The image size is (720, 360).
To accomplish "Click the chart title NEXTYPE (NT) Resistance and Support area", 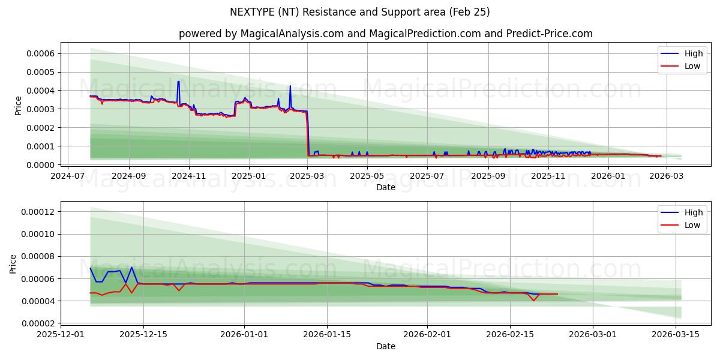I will point(359,12).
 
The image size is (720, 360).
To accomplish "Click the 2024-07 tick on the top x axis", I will point(67,176).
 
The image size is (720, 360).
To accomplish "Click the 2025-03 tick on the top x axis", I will point(308,176).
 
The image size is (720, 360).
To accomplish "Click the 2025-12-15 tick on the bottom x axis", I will point(143,335).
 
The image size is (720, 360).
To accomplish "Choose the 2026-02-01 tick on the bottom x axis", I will point(427,335).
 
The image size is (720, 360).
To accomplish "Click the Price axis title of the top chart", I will point(19,106).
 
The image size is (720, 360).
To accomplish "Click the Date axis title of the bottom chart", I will point(385,346).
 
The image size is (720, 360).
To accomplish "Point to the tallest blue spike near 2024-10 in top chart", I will point(178,82).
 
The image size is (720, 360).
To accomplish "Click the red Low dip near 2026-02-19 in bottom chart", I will point(533,300).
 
